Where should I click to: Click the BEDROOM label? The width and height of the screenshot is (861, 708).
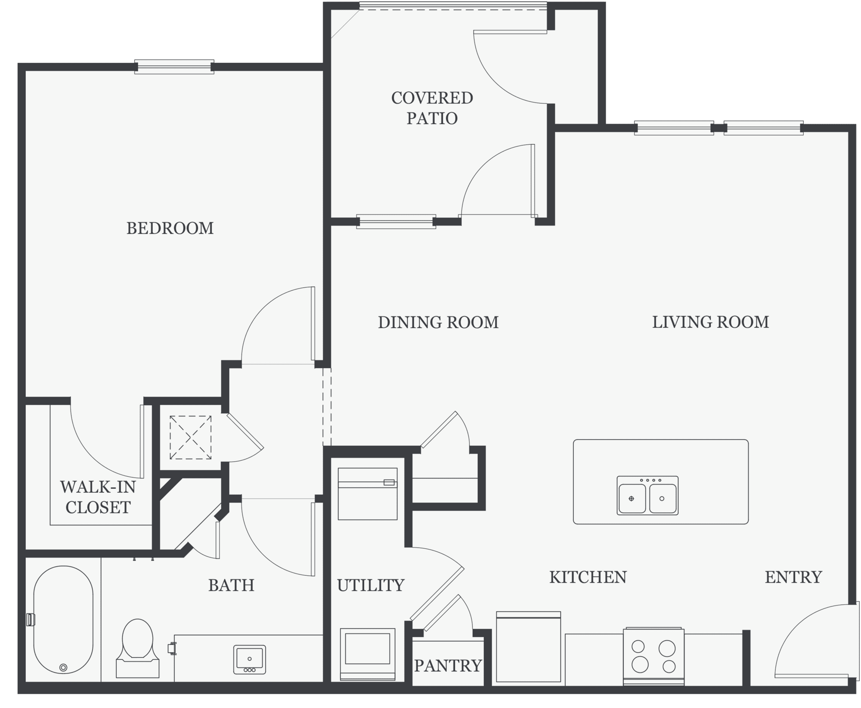tap(170, 228)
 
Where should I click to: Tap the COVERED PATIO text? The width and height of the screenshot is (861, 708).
tap(432, 108)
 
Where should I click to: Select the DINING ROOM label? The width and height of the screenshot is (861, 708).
tap(438, 323)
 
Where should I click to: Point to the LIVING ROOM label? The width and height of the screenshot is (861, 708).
tap(710, 323)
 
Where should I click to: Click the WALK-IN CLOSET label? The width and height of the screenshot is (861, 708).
tap(98, 497)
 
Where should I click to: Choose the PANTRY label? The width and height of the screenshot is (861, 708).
tap(448, 666)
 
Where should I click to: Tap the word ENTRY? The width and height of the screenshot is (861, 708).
tap(793, 577)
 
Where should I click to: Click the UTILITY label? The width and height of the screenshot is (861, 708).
tap(371, 585)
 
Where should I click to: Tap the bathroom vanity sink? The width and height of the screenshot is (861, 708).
tap(250, 659)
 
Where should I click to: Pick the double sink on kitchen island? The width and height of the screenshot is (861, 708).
tap(647, 496)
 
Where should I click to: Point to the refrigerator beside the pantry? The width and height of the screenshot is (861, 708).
tap(529, 647)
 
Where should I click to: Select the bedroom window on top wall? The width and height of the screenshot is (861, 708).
tap(174, 67)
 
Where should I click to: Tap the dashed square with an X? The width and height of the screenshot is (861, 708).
tap(190, 437)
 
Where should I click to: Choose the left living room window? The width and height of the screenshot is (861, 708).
tap(674, 128)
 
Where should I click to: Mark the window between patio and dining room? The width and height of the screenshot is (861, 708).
tap(396, 221)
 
